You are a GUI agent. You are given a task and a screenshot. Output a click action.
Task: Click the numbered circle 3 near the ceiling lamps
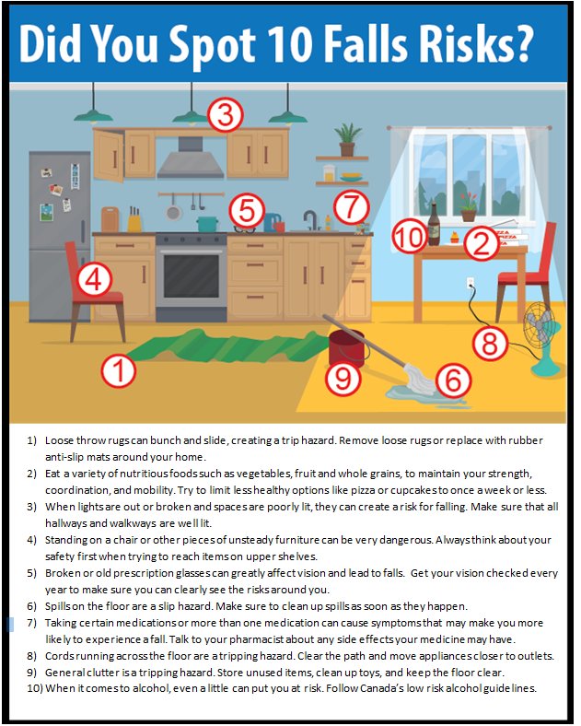click(x=225, y=116)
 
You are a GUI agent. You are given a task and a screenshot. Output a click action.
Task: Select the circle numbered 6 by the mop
click(x=451, y=378)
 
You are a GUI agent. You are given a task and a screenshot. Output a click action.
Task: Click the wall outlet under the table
click(x=470, y=284)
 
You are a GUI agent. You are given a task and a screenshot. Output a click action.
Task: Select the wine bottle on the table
click(x=434, y=226)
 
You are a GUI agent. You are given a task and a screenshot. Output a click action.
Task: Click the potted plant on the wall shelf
click(x=347, y=139)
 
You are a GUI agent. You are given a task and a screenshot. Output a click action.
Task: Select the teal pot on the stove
click(x=207, y=223)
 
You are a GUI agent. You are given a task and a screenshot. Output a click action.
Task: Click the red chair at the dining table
click(x=519, y=263)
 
